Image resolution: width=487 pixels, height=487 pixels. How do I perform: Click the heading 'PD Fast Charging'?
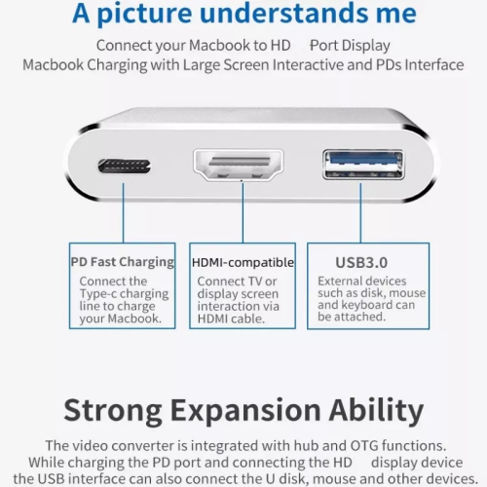pyautogui.click(x=123, y=262)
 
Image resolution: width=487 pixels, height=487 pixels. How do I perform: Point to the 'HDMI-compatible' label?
pyautogui.click(x=243, y=262)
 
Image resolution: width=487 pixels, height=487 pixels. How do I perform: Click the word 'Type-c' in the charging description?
pyautogui.click(x=100, y=293)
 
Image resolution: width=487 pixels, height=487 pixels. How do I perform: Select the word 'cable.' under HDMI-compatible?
pyautogui.click(x=257, y=318)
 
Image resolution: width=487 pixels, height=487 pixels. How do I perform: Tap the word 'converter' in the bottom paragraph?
pyautogui.click(x=169, y=445)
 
